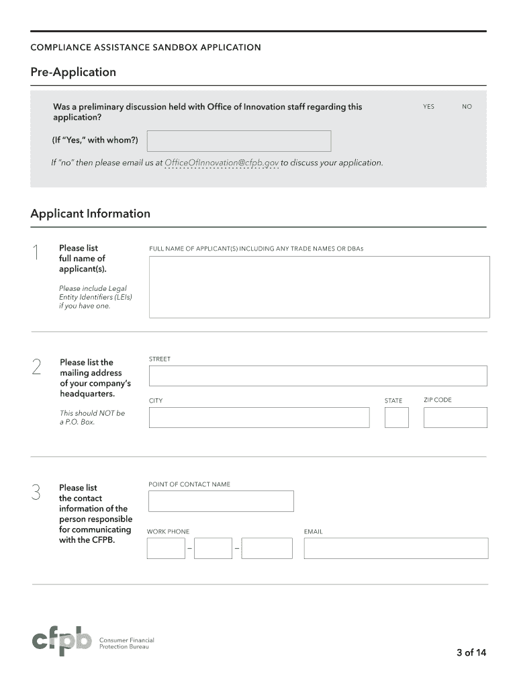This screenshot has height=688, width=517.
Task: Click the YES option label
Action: point(428,107)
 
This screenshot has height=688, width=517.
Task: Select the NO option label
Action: point(467,107)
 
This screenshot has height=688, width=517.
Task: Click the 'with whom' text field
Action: point(239,141)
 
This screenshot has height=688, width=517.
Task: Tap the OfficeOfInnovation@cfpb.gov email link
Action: point(222,163)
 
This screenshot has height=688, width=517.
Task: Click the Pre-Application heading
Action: point(73,72)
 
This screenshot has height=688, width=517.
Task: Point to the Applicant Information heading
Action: point(90,214)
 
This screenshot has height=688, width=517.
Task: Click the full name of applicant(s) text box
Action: point(319,287)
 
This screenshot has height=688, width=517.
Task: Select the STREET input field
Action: point(318,376)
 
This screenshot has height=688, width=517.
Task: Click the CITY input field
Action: point(259,417)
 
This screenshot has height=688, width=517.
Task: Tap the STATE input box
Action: point(396,417)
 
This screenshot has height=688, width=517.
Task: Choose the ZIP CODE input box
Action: point(455,417)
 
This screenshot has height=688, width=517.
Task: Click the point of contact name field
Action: point(221,501)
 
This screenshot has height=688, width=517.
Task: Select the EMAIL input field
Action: point(395,548)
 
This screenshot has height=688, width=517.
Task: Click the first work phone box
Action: point(166,548)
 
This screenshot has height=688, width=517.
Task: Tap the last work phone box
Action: point(267,548)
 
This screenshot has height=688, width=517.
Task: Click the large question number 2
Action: point(36,367)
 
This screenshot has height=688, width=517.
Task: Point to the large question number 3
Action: point(36,492)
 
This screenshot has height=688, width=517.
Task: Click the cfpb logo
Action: point(62,643)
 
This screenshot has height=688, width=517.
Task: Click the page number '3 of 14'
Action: point(471,652)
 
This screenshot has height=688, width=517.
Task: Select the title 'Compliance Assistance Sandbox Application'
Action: point(146,48)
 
